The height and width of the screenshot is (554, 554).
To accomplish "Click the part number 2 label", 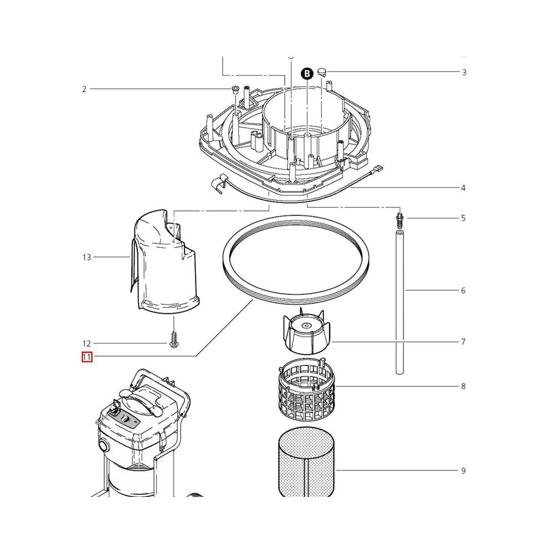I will pyautogui.click(x=84, y=89).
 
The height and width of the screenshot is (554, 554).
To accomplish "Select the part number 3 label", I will pyautogui.click(x=464, y=72).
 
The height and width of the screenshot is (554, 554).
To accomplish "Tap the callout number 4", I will pyautogui.click(x=463, y=188).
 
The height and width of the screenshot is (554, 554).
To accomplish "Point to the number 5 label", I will pyautogui.click(x=463, y=218).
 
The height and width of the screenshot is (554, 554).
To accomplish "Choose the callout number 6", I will pyautogui.click(x=463, y=290).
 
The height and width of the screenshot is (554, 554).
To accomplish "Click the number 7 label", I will pyautogui.click(x=463, y=342).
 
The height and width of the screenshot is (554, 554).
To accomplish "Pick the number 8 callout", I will pyautogui.click(x=463, y=386).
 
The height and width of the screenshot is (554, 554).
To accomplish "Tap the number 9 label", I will pyautogui.click(x=463, y=471).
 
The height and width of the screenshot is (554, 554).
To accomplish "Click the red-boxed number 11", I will pyautogui.click(x=86, y=357).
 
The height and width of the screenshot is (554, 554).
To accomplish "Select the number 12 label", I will pyautogui.click(x=86, y=343).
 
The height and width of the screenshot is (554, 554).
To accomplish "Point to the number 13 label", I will pyautogui.click(x=86, y=257).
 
